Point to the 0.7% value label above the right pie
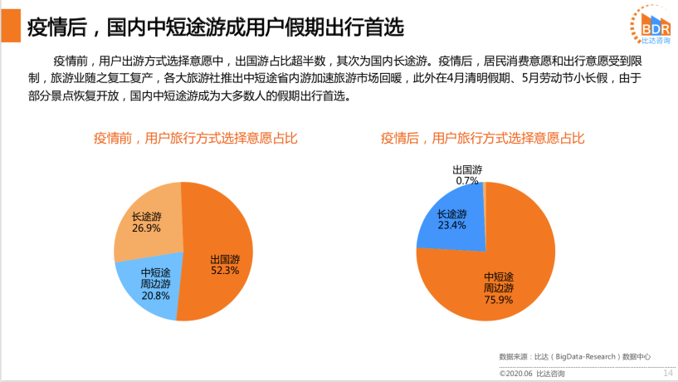pyautogui.click(x=467, y=180)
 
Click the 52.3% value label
pyautogui.click(x=225, y=271)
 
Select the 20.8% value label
pyautogui.click(x=155, y=295)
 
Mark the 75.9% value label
pyautogui.click(x=498, y=299)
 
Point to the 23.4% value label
pyautogui.click(x=452, y=225)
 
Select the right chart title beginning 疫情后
pyautogui.click(x=482, y=139)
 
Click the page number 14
pyautogui.click(x=666, y=374)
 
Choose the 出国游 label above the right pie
pyautogui.click(x=467, y=169)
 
